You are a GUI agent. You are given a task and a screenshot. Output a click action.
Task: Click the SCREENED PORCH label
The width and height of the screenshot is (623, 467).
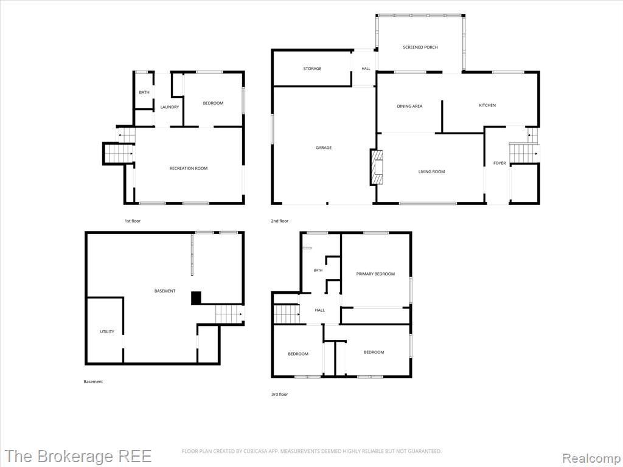coord(420,47)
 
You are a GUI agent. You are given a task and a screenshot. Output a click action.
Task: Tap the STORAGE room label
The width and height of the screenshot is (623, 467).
coord(312,69)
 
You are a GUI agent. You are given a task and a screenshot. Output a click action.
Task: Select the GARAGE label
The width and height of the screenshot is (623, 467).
coord(324,148)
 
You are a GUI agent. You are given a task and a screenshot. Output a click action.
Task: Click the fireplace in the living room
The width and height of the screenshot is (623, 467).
coord(376,167)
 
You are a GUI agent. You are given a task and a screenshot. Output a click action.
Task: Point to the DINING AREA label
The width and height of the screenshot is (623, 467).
coord(409,106)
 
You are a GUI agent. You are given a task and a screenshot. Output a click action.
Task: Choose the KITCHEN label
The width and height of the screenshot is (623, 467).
coord(487,106)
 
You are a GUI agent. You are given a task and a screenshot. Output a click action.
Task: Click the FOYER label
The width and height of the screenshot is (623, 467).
coord(499,163)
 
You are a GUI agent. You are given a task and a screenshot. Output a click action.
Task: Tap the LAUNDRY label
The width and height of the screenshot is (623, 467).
coord(170,107)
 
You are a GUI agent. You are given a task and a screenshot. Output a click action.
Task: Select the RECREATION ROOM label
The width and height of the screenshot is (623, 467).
coord(189,168)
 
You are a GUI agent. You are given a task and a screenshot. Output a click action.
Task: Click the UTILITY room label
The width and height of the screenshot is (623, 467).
coord(107,331)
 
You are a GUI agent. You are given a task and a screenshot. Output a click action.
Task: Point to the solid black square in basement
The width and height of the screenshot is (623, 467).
coord(197,298)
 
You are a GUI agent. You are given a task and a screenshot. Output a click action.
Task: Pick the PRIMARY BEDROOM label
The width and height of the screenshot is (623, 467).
coord(375,274)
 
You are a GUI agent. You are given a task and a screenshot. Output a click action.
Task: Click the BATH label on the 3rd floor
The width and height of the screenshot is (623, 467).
coord(318,271)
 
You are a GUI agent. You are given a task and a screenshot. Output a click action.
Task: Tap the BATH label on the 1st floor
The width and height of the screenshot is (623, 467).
coord(144,92)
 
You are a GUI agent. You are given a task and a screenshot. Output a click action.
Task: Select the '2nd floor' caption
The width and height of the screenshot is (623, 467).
coord(280,221)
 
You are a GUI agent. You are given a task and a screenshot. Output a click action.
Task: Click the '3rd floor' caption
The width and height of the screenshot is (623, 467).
coord(280,394)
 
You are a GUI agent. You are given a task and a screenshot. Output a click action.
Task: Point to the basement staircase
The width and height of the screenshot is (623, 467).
coord(229,314)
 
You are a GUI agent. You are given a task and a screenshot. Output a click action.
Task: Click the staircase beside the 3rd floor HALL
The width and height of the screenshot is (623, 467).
coord(287,314)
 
